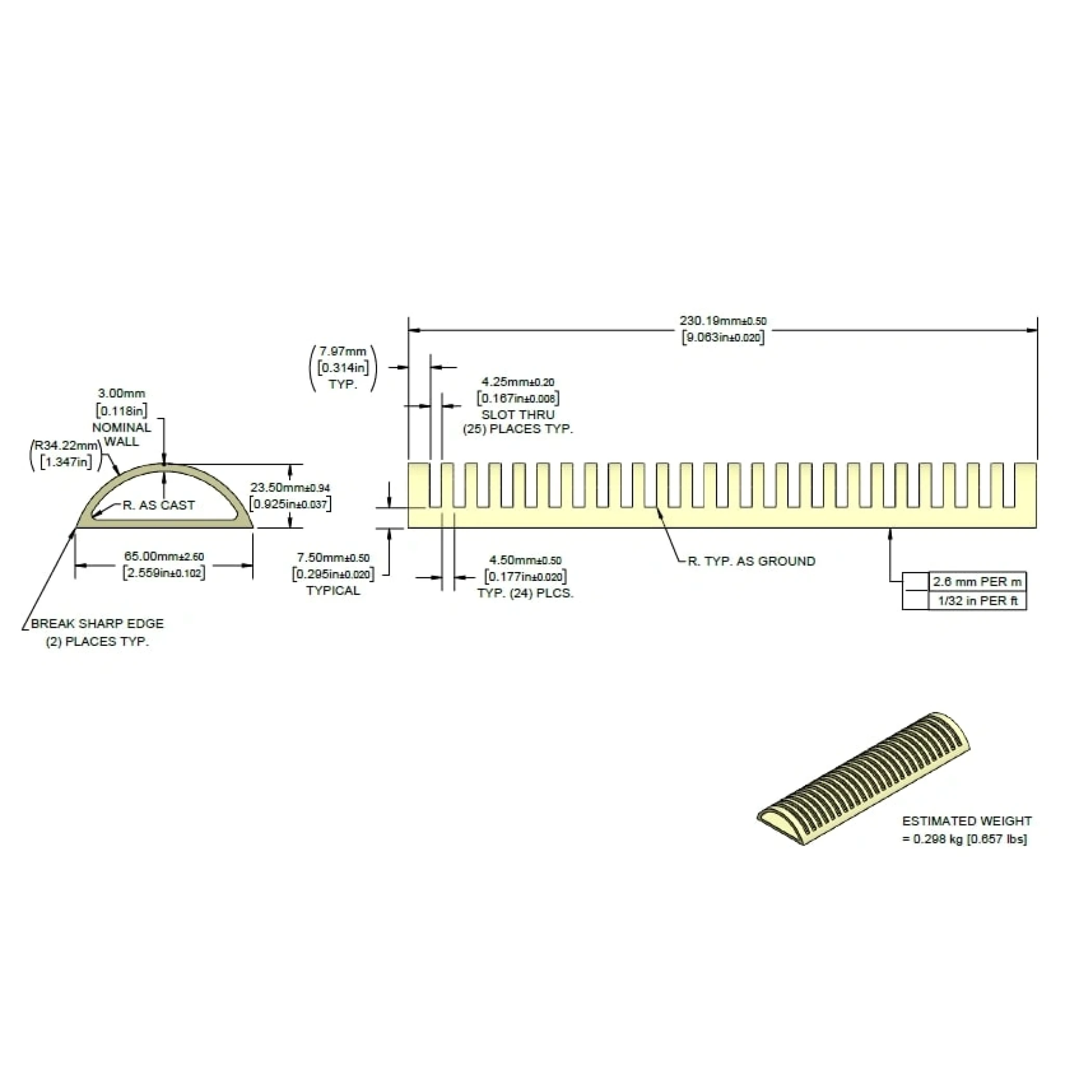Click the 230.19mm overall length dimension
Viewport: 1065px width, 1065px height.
click(723, 321)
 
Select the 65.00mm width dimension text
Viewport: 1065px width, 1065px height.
click(164, 557)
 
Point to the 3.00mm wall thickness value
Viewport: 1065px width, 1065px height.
click(122, 394)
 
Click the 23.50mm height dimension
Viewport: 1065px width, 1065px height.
click(290, 488)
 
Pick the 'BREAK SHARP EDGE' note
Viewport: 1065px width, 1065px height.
click(98, 624)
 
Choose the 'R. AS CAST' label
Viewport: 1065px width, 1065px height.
click(159, 505)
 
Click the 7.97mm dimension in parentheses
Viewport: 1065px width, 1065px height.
click(342, 352)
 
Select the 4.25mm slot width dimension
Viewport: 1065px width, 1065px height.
click(518, 382)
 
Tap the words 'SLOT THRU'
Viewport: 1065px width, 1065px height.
click(518, 414)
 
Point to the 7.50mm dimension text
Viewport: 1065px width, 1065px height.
click(333, 559)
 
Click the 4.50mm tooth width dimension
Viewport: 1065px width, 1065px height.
click(525, 561)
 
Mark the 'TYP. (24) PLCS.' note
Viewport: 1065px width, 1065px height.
click(525, 594)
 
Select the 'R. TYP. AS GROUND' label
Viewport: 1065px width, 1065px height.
click(752, 561)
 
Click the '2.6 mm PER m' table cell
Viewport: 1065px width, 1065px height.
click(977, 581)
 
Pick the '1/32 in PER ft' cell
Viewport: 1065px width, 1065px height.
click(977, 601)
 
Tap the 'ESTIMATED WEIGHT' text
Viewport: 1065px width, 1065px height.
click(967, 821)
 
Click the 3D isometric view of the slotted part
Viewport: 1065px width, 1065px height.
click(863, 778)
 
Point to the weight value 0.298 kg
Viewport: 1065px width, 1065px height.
click(936, 839)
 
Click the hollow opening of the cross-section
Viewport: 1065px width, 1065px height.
click(165, 496)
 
